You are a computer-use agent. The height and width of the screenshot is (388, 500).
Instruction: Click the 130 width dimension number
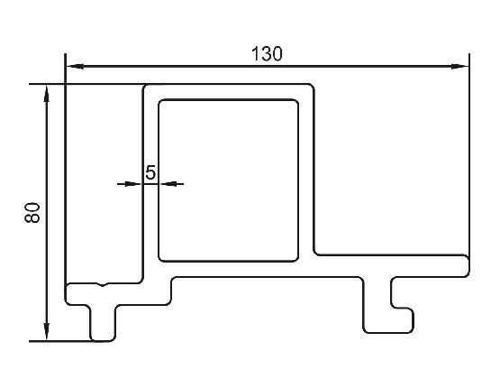tap(267, 54)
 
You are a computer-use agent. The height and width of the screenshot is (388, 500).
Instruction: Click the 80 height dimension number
tap(32, 213)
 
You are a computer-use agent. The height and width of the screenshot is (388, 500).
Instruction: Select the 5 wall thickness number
tap(150, 172)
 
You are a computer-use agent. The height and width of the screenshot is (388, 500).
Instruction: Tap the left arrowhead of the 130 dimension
tap(76, 67)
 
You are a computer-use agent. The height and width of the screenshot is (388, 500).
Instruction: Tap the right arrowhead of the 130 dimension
tap(459, 67)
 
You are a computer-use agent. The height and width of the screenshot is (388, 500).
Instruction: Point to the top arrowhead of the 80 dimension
tap(47, 94)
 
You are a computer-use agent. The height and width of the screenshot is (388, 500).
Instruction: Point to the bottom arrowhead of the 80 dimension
tap(47, 332)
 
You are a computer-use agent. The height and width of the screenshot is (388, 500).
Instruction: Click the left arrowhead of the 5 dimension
tap(132, 184)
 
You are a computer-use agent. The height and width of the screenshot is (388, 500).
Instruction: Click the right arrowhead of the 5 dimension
tap(168, 184)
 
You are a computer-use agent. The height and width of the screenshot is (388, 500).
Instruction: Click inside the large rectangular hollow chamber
tap(228, 180)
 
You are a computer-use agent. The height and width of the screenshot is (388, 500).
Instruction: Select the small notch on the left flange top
tap(103, 284)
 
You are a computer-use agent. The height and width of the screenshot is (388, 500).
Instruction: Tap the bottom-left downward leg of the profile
tap(103, 323)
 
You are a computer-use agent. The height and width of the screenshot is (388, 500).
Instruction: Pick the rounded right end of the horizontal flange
tap(465, 265)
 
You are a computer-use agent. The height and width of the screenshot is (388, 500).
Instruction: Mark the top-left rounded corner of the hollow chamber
tap(162, 103)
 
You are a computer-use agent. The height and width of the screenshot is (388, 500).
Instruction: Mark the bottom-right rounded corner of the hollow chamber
tap(295, 258)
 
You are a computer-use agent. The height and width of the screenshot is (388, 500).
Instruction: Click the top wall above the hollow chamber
tap(228, 92)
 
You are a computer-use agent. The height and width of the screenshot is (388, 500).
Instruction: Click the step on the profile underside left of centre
tap(171, 291)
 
